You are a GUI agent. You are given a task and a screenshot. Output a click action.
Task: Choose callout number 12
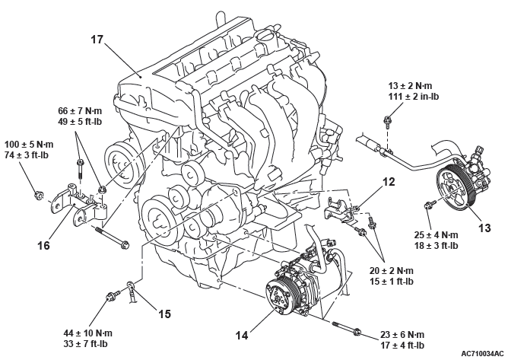pos(389,182)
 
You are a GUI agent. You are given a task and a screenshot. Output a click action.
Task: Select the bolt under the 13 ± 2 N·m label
pos(389,119)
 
